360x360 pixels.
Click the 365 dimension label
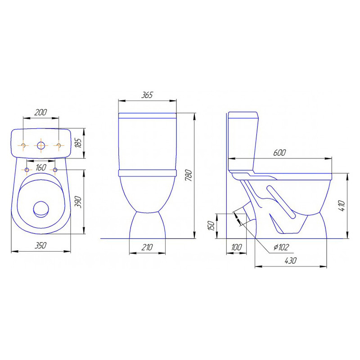point(147,95)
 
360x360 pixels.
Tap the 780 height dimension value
point(189,175)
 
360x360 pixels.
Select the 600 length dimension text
point(279,153)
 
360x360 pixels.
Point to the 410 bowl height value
point(342,206)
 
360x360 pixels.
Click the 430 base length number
point(290,261)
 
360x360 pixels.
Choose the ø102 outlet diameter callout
point(281,247)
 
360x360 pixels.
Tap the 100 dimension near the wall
point(236,247)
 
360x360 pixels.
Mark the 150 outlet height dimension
point(211,226)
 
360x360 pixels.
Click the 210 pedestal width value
point(147,247)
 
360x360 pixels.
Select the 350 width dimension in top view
point(40,245)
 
